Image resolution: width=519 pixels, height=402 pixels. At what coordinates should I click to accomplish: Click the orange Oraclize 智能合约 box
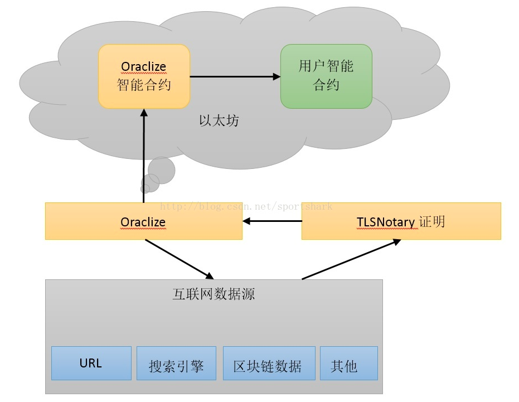[144, 76]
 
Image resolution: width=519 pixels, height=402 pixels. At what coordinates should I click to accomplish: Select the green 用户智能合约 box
[326, 76]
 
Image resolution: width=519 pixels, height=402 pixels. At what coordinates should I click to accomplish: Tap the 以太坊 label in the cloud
[219, 120]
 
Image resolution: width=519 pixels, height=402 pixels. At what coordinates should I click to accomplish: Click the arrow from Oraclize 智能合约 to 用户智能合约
[235, 76]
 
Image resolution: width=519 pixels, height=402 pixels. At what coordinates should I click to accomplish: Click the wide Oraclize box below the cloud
[143, 221]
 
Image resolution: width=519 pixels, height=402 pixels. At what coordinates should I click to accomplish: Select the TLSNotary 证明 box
[401, 221]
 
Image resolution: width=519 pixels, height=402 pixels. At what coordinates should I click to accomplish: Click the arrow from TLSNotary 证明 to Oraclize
[271, 221]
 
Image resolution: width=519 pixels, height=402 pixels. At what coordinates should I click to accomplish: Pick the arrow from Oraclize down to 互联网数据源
[180, 259]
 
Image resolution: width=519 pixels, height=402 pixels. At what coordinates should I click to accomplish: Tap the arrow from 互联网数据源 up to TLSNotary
[351, 259]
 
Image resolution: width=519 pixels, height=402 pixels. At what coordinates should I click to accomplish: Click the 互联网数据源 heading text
[214, 294]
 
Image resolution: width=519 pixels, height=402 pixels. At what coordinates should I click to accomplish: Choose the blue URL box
[91, 363]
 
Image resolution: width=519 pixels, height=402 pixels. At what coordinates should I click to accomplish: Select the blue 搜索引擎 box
[176, 366]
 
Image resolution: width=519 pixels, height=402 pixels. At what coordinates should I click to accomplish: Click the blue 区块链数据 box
[268, 366]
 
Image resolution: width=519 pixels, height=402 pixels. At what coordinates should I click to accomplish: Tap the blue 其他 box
[348, 366]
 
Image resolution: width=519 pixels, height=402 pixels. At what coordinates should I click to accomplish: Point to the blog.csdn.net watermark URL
[245, 207]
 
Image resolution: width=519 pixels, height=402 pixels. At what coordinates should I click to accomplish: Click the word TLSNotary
[386, 222]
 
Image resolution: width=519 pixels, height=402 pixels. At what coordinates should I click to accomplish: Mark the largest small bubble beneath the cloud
[162, 170]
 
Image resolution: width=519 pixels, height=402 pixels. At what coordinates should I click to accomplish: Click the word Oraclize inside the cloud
[143, 67]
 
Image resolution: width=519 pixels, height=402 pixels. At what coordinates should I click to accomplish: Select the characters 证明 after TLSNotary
[432, 221]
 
